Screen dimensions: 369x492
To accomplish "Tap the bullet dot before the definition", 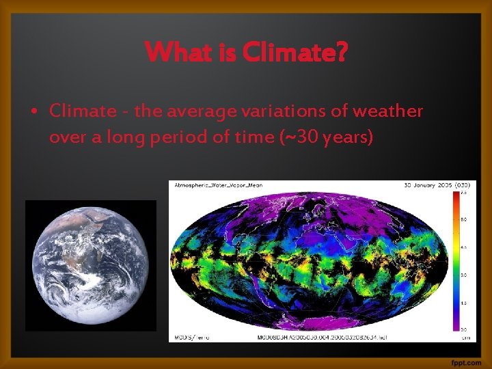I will coord(34,111).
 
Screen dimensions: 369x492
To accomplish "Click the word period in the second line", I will coord(179,137).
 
